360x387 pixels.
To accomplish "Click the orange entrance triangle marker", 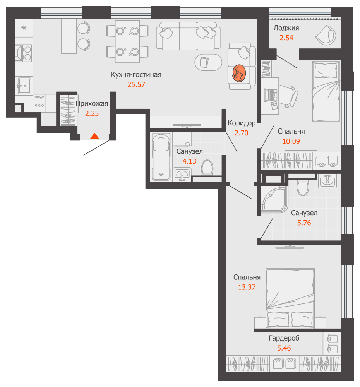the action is tap(94, 136).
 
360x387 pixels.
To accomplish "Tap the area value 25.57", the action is tap(136, 85).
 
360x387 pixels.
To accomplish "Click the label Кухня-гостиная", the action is tap(136, 75).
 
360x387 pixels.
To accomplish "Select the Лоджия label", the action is tap(286, 28).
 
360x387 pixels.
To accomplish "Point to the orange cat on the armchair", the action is tap(239, 73).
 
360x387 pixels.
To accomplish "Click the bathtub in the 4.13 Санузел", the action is tap(161, 156).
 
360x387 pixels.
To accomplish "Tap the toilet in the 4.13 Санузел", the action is tap(207, 168).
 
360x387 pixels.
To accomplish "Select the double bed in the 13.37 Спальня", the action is tap(290, 298).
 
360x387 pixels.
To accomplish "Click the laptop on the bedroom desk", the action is tap(270, 95).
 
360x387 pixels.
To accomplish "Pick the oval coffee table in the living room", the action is tap(208, 62).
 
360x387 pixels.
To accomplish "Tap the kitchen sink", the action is tap(24, 86).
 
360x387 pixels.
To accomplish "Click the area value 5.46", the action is tap(284, 348).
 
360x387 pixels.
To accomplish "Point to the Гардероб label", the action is tap(284, 338).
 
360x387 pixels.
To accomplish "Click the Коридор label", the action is tap(242, 123).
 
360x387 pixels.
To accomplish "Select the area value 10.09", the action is tap(291, 141).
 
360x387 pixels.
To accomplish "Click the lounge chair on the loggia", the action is tap(326, 35).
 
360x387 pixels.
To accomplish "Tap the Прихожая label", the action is tap(92, 104).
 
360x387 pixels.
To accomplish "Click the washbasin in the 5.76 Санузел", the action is tap(327, 182).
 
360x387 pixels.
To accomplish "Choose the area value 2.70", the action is tap(241, 133).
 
